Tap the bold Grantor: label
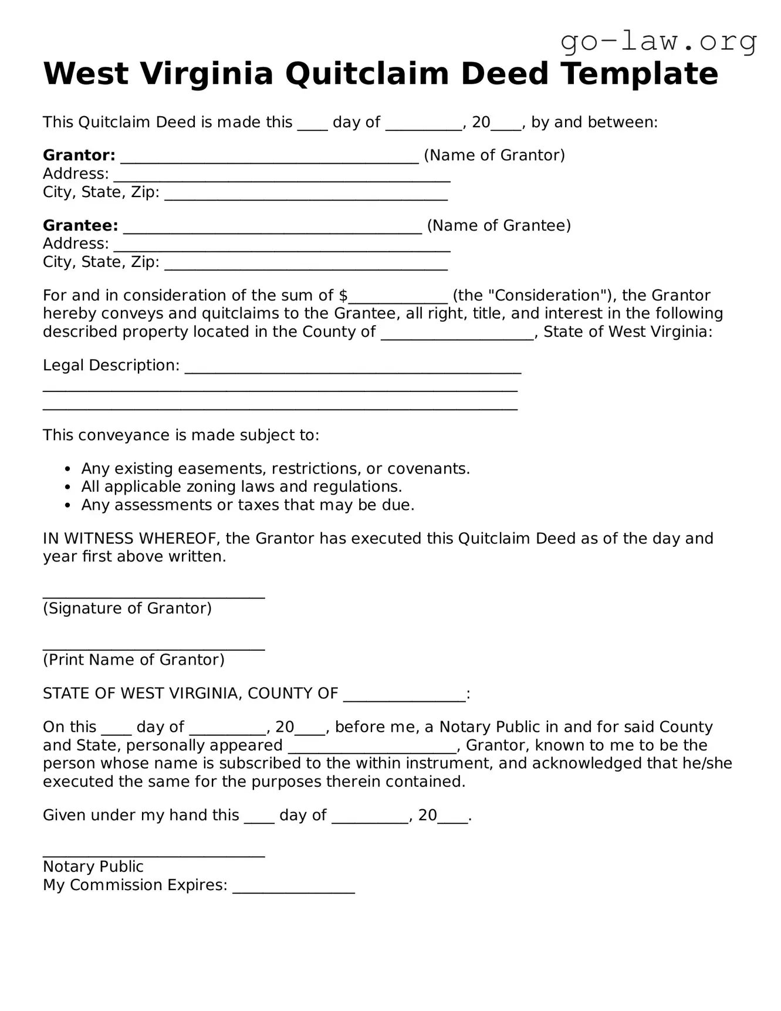pyautogui.click(x=79, y=155)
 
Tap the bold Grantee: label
pyautogui.click(x=80, y=226)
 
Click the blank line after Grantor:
pyautogui.click(x=269, y=158)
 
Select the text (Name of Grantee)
pyautogui.click(x=499, y=226)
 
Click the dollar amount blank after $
pyautogui.click(x=398, y=298)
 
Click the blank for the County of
pyautogui.click(x=457, y=335)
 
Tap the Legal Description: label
pyautogui.click(x=111, y=366)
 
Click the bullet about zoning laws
pyautogui.click(x=241, y=487)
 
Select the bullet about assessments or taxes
pyautogui.click(x=248, y=505)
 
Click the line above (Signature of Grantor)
pyautogui.click(x=154, y=595)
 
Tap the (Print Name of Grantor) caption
pyautogui.click(x=134, y=660)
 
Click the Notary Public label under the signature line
pyautogui.click(x=93, y=867)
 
